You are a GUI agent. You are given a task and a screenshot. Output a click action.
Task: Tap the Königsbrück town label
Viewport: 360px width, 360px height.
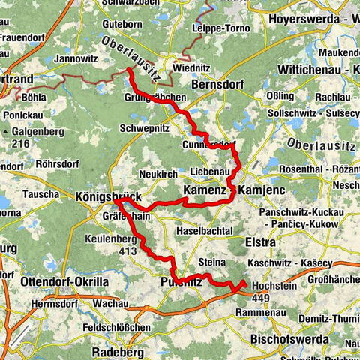[109, 196]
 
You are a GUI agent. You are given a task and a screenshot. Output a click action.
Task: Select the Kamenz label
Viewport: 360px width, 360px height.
[204, 191]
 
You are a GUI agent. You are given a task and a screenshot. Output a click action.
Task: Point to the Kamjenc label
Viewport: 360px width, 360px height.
[260, 191]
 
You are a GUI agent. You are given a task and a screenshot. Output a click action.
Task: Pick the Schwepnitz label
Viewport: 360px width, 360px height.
[144, 128]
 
